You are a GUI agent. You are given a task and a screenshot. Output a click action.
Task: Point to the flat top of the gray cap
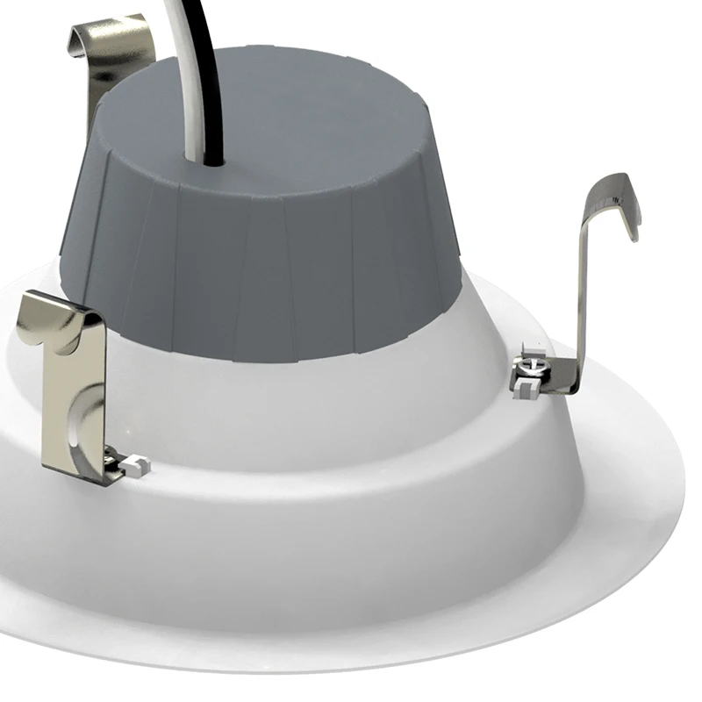[x=290, y=114]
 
